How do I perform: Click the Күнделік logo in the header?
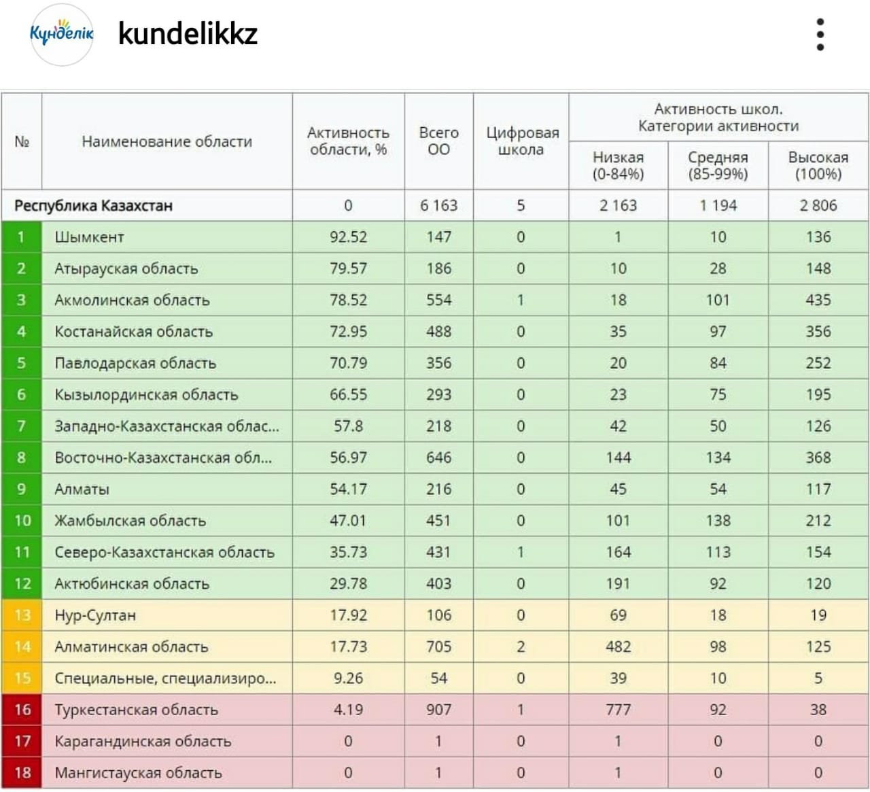(x=62, y=34)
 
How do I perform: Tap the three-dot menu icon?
(x=820, y=34)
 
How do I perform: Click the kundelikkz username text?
(x=188, y=33)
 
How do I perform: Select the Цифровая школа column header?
(x=521, y=141)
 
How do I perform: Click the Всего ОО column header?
(x=438, y=141)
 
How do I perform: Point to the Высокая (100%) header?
(x=818, y=165)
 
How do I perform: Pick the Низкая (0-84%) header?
(x=618, y=165)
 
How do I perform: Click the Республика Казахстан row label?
(x=93, y=205)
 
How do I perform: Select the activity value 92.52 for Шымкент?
(x=348, y=237)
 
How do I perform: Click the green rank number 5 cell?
(x=22, y=363)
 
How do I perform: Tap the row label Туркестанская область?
(x=136, y=710)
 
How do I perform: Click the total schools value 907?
(x=438, y=710)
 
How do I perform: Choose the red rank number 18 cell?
(x=22, y=773)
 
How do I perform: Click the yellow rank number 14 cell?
(x=22, y=647)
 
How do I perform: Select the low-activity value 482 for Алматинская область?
(x=618, y=647)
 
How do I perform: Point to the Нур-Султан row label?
(x=95, y=615)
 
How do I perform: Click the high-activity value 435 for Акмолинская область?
(x=818, y=300)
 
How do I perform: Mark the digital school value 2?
(x=521, y=647)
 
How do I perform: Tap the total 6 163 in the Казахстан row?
(x=438, y=205)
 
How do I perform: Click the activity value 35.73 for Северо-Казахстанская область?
(x=348, y=552)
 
